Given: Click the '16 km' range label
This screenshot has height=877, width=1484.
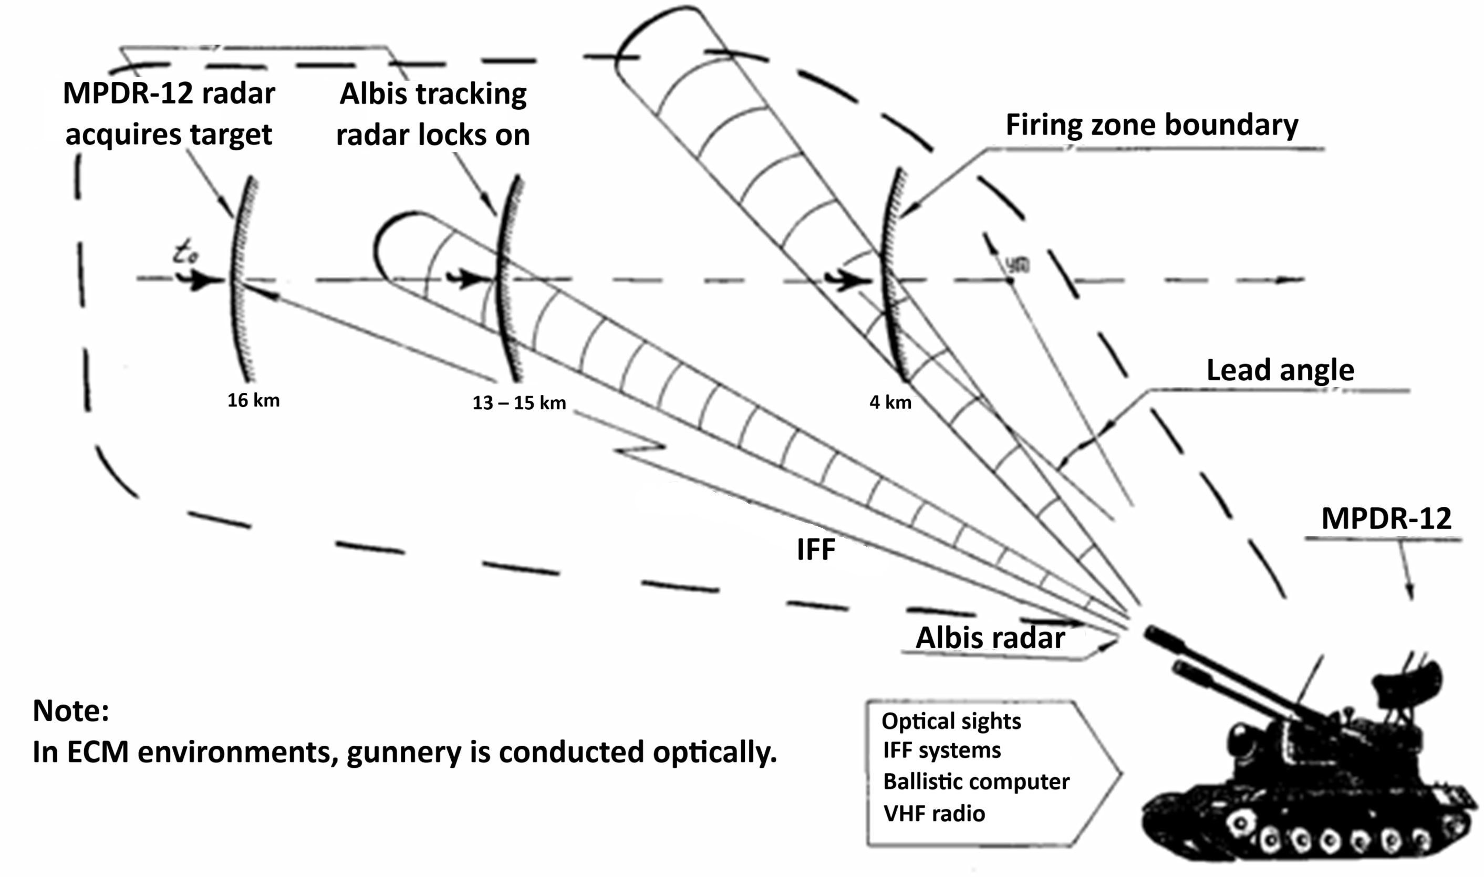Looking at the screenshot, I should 253,400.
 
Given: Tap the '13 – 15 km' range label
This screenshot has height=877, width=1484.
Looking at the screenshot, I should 519,403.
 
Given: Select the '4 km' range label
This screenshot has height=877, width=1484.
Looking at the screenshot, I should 890,402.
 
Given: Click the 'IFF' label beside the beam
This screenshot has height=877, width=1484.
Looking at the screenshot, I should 816,550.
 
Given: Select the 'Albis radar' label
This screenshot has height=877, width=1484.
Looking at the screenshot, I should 990,638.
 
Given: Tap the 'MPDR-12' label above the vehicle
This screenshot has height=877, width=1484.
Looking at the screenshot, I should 1386,519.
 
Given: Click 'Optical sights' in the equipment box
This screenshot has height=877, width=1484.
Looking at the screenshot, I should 951,721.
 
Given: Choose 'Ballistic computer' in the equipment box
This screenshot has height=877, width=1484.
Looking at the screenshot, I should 976,782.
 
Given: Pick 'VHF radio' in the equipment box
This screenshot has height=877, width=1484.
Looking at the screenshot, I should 934,814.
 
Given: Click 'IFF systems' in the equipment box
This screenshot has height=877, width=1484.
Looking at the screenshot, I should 941,750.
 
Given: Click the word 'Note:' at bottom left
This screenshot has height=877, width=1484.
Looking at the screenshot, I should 71,711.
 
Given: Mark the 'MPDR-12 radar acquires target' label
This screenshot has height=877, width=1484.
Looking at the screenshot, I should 169,113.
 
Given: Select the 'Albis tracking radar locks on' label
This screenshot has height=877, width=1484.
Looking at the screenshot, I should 433,114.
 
